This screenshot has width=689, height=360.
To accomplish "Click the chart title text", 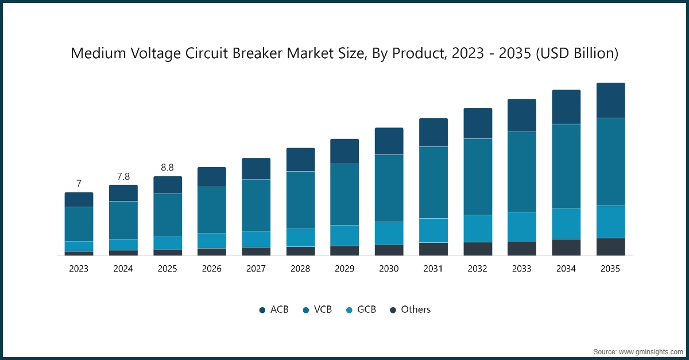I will [x=344, y=54].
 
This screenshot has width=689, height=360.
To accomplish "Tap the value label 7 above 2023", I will [x=79, y=184].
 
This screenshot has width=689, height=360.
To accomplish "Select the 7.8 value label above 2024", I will [x=123, y=176].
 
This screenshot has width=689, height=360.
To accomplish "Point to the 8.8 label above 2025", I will [x=167, y=168].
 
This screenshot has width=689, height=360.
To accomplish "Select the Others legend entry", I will [x=410, y=309].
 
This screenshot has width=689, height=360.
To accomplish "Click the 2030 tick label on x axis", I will [x=389, y=269].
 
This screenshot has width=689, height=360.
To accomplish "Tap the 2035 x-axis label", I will [x=610, y=269].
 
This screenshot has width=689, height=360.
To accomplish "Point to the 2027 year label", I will [x=256, y=269].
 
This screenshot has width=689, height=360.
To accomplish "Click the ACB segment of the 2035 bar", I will [x=610, y=100].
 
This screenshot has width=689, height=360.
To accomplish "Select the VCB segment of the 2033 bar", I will [x=522, y=172].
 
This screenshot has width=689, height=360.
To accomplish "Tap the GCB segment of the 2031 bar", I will [x=433, y=230].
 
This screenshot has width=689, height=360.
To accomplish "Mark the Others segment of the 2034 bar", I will [x=566, y=247].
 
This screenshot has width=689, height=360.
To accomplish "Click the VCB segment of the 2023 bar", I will [x=79, y=224].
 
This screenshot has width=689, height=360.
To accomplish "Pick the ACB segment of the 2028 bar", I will [x=300, y=160].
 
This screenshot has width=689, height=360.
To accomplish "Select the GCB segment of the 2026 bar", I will [x=212, y=241].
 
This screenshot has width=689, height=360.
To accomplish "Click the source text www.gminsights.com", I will [x=637, y=351].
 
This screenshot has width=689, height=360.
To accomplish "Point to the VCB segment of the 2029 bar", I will [x=344, y=195].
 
